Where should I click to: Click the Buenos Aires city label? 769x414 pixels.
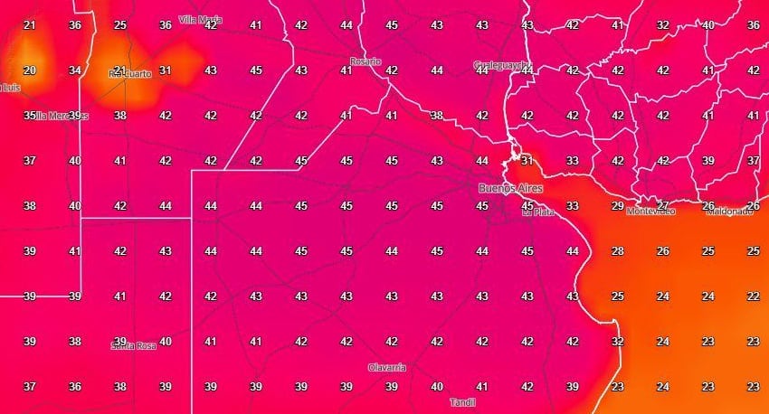pos(508,188)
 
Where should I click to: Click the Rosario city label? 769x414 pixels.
pos(366,62)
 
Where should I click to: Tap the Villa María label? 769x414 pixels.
pos(201,19)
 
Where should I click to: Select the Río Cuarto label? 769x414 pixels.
pos(129,74)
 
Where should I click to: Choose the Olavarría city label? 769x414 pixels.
pos(386,368)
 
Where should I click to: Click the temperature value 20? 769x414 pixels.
pos(29,70)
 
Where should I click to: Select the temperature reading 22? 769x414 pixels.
pos(753,296)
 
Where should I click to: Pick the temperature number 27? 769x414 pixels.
pos(662,205)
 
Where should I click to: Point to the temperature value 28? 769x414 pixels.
pos(617,250)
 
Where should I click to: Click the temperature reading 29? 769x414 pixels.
pos(617,205)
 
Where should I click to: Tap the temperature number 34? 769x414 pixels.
pos(74,70)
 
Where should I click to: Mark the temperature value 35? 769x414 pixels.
pos(29,115)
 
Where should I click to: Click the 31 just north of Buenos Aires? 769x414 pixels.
pos(527,160)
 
